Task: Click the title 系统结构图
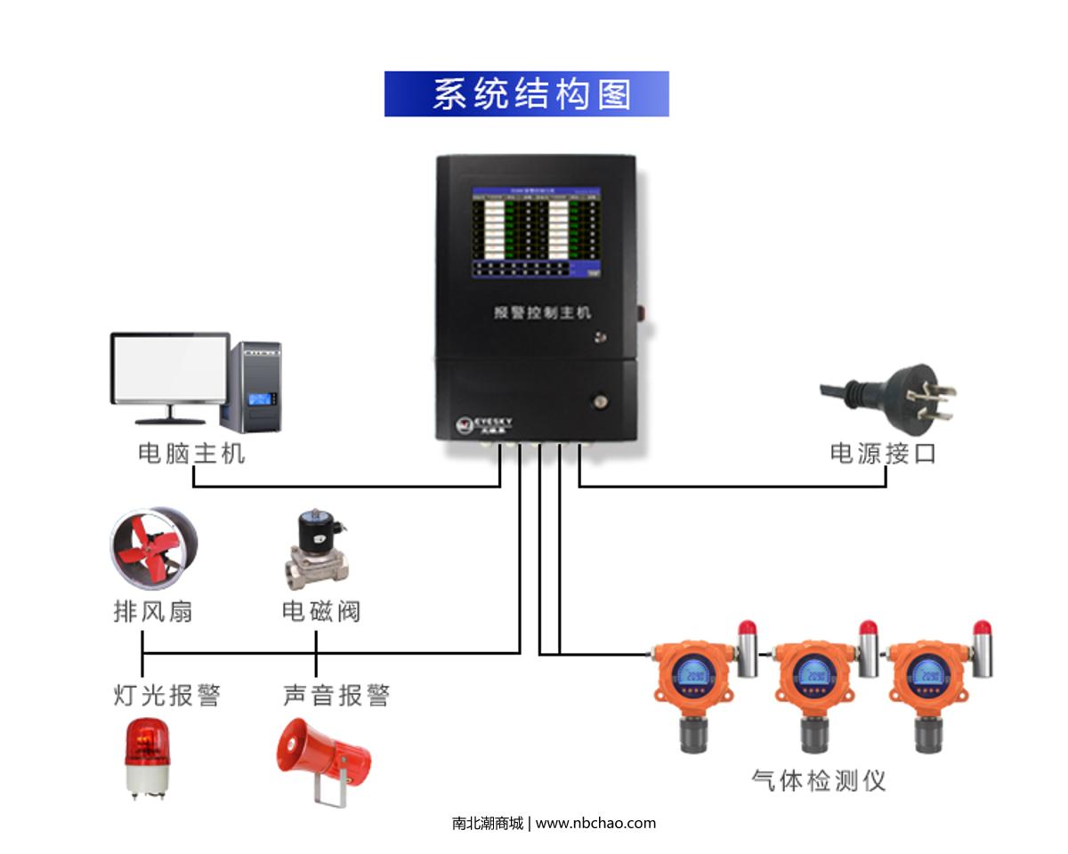pyautogui.click(x=527, y=94)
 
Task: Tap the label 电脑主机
pyautogui.click(x=191, y=454)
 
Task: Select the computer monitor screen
pyautogui.click(x=169, y=368)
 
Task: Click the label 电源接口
pyautogui.click(x=883, y=454)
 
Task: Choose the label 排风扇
pyautogui.click(x=153, y=611)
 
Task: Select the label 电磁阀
pyautogui.click(x=321, y=611)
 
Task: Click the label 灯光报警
pyautogui.click(x=166, y=695)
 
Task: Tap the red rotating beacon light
pyautogui.click(x=147, y=754)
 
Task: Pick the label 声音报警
pyautogui.click(x=336, y=695)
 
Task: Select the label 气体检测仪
pyautogui.click(x=819, y=781)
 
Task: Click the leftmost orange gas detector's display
pyautogui.click(x=690, y=676)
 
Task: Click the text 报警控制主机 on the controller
pyautogui.click(x=542, y=312)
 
